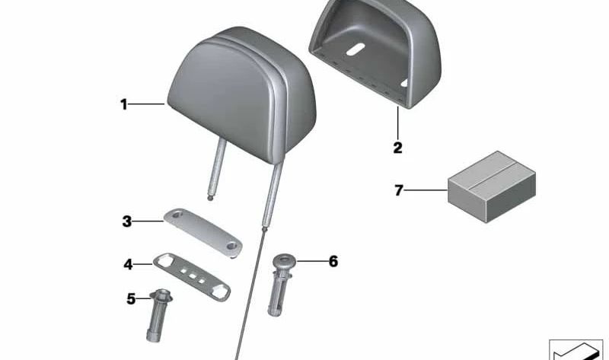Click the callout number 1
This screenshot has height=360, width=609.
[123, 104]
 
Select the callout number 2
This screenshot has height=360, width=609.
[397, 148]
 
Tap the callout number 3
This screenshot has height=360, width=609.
[127, 221]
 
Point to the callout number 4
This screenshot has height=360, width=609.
[128, 264]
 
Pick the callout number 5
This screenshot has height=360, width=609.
[131, 299]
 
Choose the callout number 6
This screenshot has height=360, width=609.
[333, 262]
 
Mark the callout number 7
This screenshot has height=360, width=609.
[397, 190]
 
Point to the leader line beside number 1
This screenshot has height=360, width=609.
[148, 104]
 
